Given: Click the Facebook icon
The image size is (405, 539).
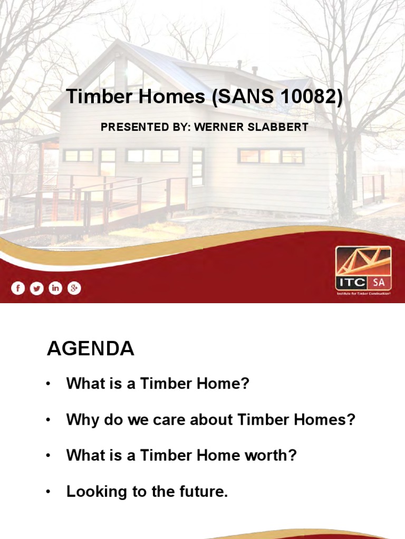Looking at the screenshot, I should [x=18, y=288].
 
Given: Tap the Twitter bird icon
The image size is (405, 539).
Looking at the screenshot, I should [x=36, y=288].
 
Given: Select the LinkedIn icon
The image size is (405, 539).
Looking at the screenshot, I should [x=55, y=288].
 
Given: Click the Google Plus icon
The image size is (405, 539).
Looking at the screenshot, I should [x=74, y=288].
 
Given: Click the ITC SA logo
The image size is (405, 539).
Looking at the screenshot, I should [x=364, y=271].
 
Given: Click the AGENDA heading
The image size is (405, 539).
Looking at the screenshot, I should [x=90, y=348].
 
